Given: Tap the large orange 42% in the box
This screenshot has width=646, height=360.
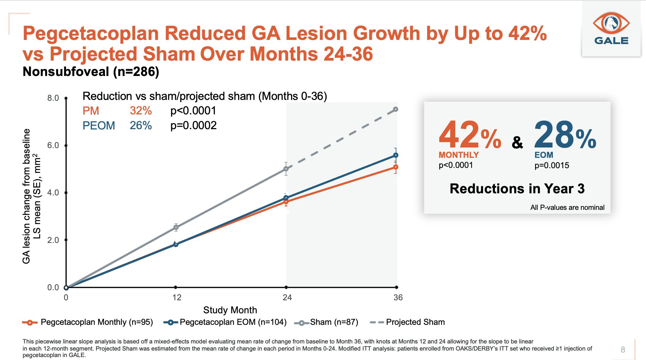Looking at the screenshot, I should [x=469, y=135].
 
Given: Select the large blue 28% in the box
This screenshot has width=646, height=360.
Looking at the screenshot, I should [x=565, y=135].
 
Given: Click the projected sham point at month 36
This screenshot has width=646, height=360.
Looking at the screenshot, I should [x=396, y=109].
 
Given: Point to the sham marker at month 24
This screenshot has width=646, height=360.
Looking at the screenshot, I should [x=286, y=169].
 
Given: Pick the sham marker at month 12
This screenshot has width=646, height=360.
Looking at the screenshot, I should [x=176, y=227].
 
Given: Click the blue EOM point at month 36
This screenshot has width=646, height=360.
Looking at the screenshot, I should [x=396, y=155].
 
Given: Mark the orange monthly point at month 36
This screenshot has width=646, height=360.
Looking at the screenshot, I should [x=396, y=167].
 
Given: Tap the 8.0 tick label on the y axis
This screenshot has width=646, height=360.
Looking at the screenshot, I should [x=53, y=98].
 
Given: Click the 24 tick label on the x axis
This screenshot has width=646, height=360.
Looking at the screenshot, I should [x=287, y=297].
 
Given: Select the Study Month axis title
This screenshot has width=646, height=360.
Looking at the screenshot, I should [x=230, y=310].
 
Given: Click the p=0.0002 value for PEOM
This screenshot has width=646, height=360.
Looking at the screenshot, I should [x=193, y=125].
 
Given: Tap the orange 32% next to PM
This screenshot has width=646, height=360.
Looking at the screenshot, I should [x=140, y=111].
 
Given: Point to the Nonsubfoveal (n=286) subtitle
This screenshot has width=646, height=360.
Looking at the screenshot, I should [x=91, y=72].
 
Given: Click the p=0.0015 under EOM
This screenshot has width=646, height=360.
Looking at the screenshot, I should [x=552, y=165].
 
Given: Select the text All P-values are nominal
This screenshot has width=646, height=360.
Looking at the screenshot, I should [x=567, y=207].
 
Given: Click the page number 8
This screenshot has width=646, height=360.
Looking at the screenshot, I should [x=623, y=350].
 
